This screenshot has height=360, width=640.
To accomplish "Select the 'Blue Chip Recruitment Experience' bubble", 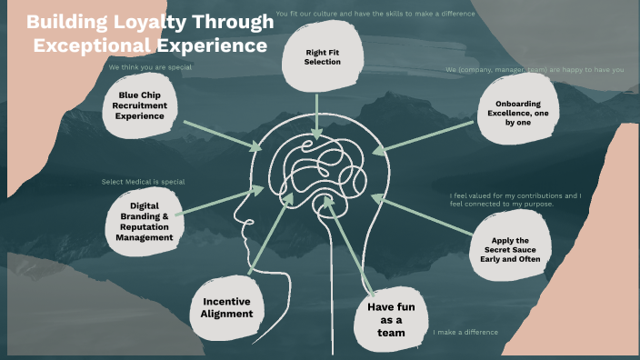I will (x=140, y=105).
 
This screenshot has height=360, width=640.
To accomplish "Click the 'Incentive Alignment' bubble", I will (x=226, y=307).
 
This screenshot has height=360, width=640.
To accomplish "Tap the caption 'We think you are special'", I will (x=150, y=67).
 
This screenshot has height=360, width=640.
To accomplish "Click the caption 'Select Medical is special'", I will (x=143, y=182).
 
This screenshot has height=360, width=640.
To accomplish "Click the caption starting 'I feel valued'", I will (x=515, y=200).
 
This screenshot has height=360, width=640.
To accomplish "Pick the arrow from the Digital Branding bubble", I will (x=218, y=201).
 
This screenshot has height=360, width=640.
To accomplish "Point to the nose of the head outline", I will (x=237, y=217).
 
